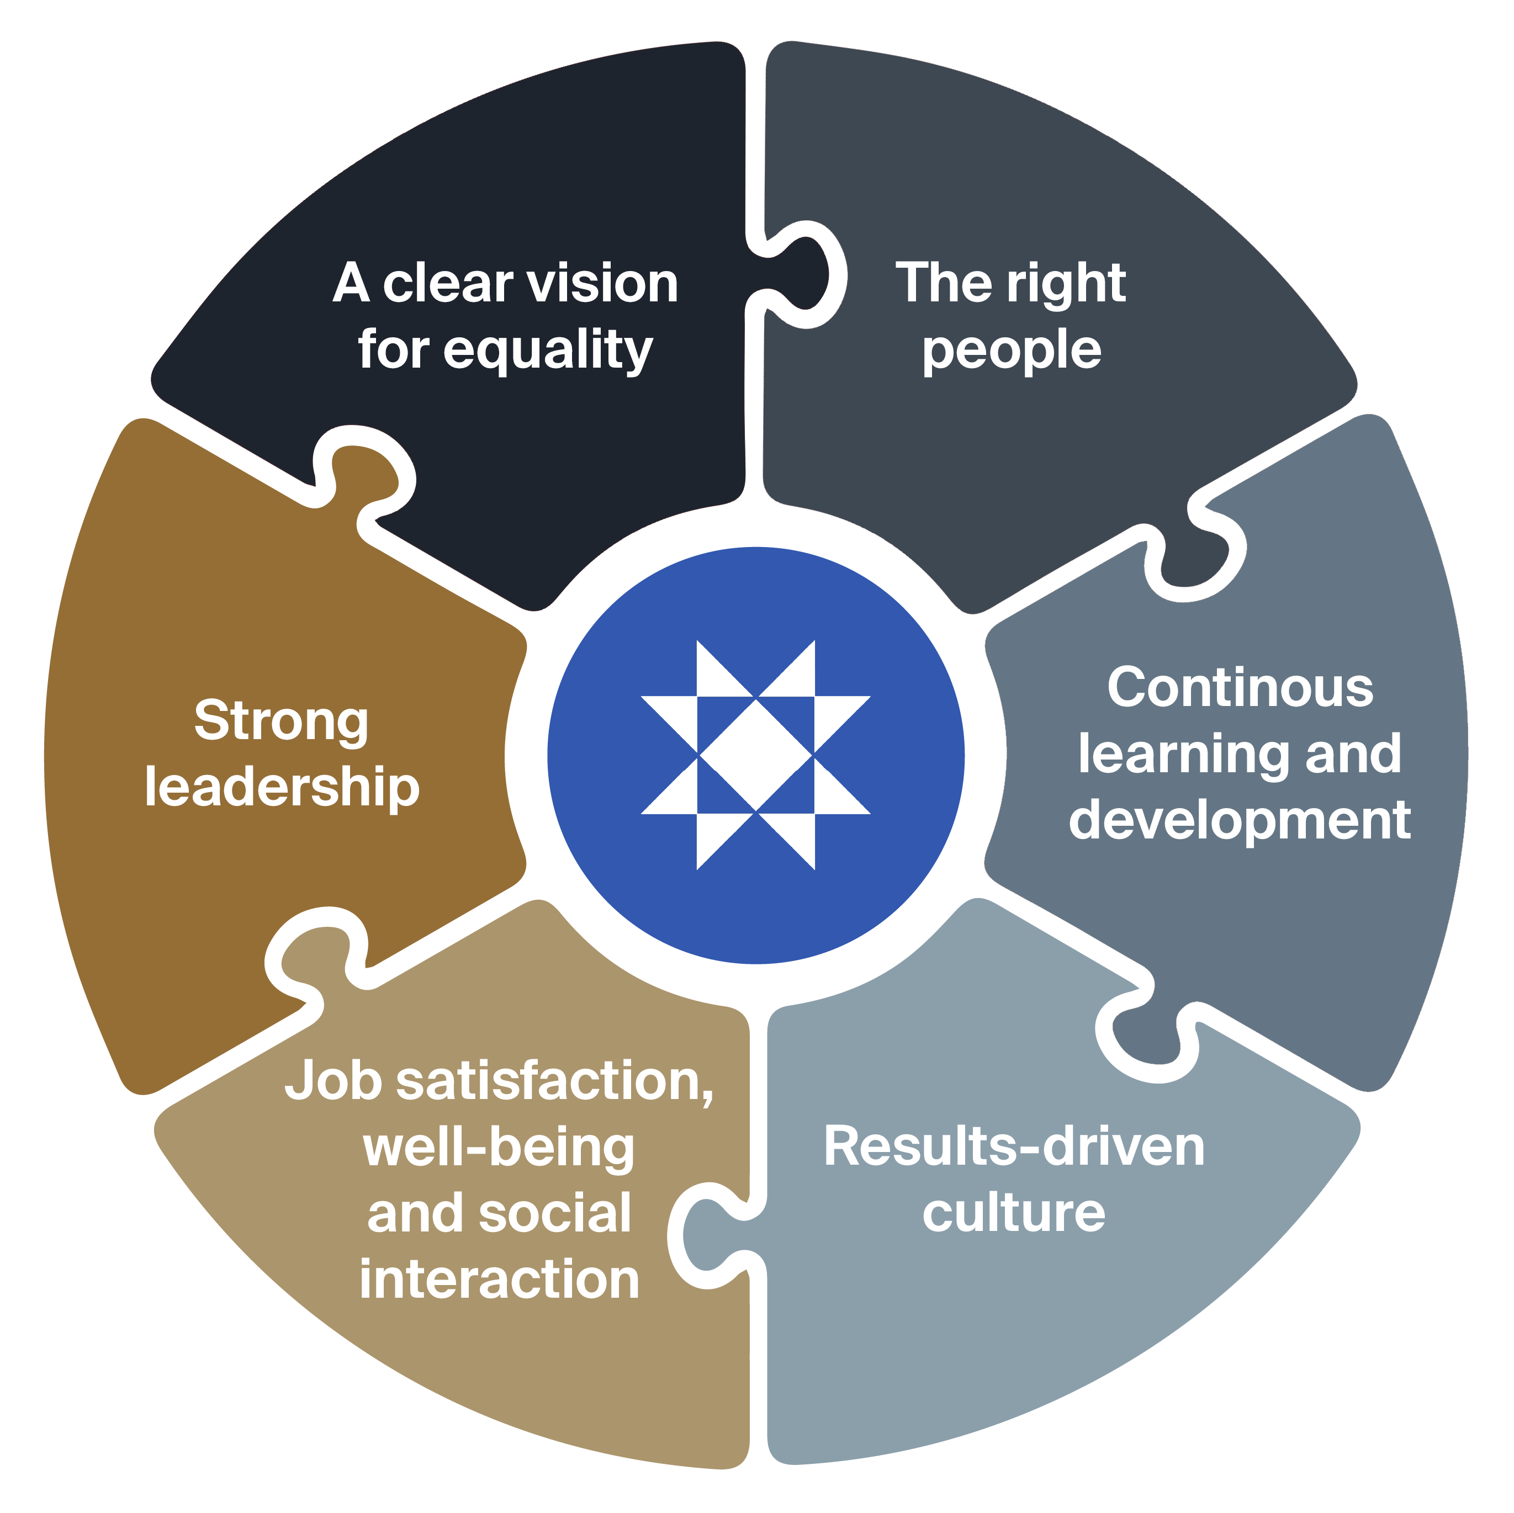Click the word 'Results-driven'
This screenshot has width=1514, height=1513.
(x=1013, y=1146)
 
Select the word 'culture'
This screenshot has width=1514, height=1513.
(x=1013, y=1213)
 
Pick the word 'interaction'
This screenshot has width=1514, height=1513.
(x=499, y=1280)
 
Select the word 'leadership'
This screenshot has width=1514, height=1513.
(x=282, y=788)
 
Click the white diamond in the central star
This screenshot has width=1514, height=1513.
(x=755, y=755)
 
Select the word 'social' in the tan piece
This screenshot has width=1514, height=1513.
(x=554, y=1213)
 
